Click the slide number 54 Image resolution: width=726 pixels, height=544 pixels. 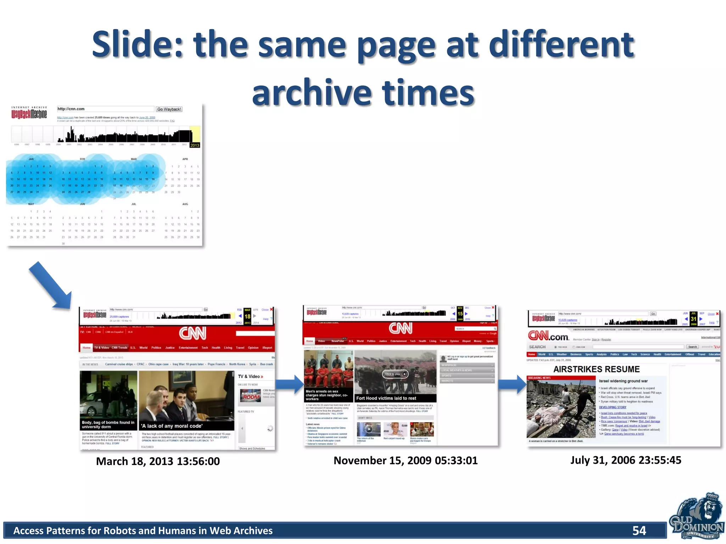pos(639,530)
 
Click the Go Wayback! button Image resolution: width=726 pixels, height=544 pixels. pos(169,109)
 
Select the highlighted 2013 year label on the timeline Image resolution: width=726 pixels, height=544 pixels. pos(195,145)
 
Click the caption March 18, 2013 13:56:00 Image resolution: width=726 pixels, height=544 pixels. pos(158,461)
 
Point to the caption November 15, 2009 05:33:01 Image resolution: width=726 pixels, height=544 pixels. pos(406,460)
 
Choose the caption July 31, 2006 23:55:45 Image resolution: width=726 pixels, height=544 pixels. pos(626,460)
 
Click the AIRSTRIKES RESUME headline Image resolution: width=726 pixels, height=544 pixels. pos(597,369)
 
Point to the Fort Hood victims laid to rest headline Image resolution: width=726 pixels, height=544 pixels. pos(386,398)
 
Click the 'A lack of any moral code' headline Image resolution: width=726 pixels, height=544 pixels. pos(172,426)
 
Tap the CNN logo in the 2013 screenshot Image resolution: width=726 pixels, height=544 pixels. pos(192,333)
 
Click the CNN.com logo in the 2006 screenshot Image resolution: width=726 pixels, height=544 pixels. pos(548,336)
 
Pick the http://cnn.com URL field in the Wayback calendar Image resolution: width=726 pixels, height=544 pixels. pos(105,109)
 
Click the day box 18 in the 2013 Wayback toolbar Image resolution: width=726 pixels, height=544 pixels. pos(247,316)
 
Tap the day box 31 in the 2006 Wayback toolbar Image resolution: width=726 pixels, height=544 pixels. pos(693,319)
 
